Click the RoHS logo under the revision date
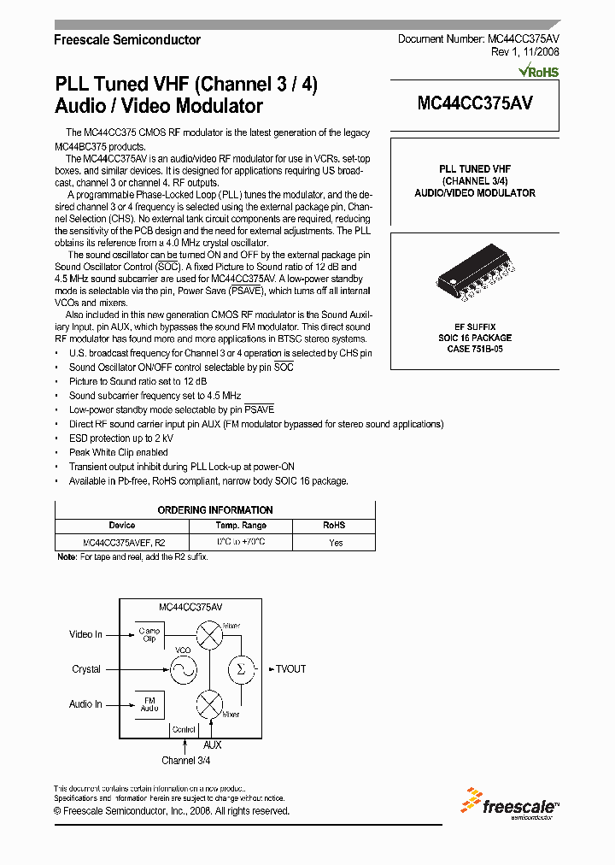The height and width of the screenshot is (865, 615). coord(538,71)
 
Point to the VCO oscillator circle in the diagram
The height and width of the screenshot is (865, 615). coord(183,669)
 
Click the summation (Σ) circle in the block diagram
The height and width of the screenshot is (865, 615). coord(241,669)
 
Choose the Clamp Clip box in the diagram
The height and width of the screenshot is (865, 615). coord(149,635)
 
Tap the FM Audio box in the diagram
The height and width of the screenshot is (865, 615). coord(149,704)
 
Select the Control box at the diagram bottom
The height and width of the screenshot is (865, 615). coord(184,729)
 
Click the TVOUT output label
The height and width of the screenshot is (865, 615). coord(290,669)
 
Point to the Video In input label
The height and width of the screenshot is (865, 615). coord(85,634)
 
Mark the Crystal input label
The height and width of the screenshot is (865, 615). coord(86,669)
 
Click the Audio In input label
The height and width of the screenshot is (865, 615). coord(85,704)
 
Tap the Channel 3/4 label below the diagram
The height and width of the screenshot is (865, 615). coord(185,760)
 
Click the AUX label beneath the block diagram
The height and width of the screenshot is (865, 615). coord(212,745)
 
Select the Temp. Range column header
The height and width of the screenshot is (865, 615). coord(242,526)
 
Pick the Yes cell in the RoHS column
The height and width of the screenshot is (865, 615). coord(336,543)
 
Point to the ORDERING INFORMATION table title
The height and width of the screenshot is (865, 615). coord(215,510)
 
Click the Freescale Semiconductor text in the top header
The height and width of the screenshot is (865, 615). coord(127,40)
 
